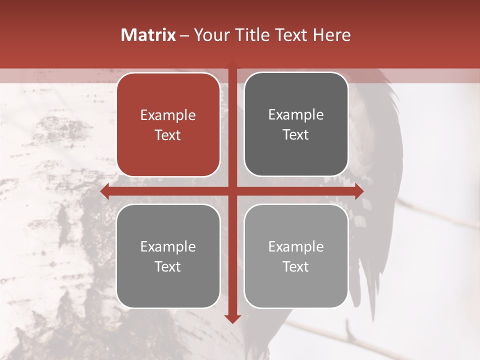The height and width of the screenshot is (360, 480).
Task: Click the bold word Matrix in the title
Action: pos(148,35)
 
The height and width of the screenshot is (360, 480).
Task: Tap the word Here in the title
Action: pos(331,35)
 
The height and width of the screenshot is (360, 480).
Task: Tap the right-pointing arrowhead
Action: pos(359,191)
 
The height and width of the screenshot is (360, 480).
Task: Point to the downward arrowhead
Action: pos(232,318)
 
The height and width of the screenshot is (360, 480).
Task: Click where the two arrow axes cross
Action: pos(232,191)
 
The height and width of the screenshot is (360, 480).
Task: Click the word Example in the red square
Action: pos(168,115)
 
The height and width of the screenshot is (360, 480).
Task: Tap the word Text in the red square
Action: pos(168,135)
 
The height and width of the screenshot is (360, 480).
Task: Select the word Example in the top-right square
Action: pos(296,114)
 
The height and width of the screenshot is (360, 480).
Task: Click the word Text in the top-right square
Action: pos(296,134)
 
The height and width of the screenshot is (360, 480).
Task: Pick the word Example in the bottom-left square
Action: pos(168,246)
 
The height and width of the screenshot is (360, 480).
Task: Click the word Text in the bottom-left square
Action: pos(168,266)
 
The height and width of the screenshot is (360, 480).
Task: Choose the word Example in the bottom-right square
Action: pos(296,246)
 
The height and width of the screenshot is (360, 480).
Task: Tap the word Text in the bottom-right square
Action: pos(296,266)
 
